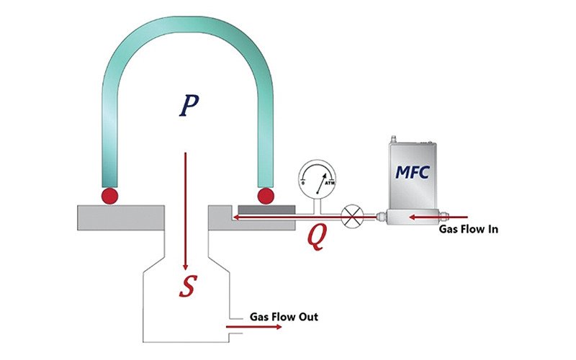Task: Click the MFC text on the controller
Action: (411, 174)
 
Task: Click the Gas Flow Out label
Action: (284, 316)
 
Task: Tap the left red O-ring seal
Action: (109, 195)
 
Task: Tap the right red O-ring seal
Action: (266, 195)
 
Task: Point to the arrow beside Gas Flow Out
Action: (253, 327)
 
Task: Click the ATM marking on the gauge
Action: (330, 185)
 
